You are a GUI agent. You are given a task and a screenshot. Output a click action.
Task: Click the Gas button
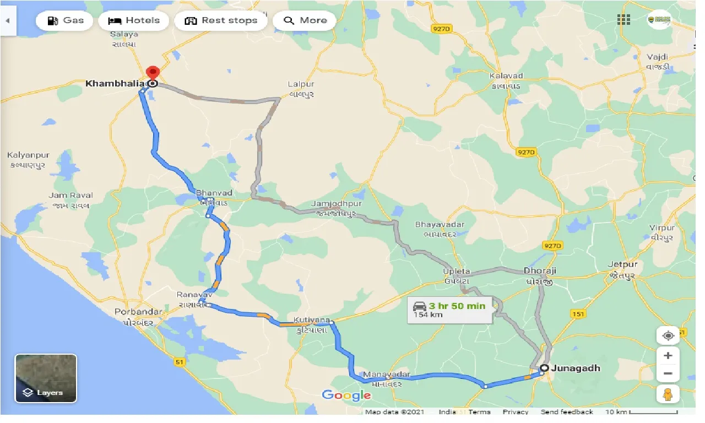tap(65, 21)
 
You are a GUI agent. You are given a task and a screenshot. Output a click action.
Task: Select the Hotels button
tap(134, 21)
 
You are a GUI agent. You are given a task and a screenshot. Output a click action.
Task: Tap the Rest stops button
tap(221, 21)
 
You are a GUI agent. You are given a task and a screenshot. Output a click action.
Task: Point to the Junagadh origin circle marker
tap(544, 368)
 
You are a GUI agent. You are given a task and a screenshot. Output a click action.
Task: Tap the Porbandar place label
tap(138, 312)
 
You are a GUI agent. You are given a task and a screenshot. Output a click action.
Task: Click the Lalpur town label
tap(301, 84)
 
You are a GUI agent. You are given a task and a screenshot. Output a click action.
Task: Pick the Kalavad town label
tap(506, 75)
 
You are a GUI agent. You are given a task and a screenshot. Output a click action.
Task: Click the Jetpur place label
tap(622, 264)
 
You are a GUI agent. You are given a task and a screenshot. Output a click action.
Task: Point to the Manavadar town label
tap(387, 375)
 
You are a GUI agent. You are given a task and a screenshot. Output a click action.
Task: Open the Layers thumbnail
tap(46, 378)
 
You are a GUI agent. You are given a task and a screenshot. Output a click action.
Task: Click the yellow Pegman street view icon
tap(668, 394)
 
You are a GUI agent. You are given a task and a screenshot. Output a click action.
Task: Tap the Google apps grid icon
tap(623, 20)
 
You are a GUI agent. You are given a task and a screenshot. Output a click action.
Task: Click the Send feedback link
tap(566, 412)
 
